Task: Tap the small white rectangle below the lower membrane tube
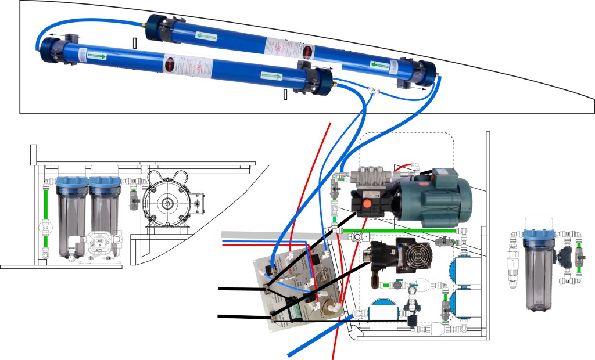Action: pos(285,95)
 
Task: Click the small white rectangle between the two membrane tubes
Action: pos(135,43)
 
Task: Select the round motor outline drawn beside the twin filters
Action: pos(167,203)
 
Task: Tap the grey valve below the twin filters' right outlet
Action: pos(134,203)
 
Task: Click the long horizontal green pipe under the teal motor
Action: pos(401,231)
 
